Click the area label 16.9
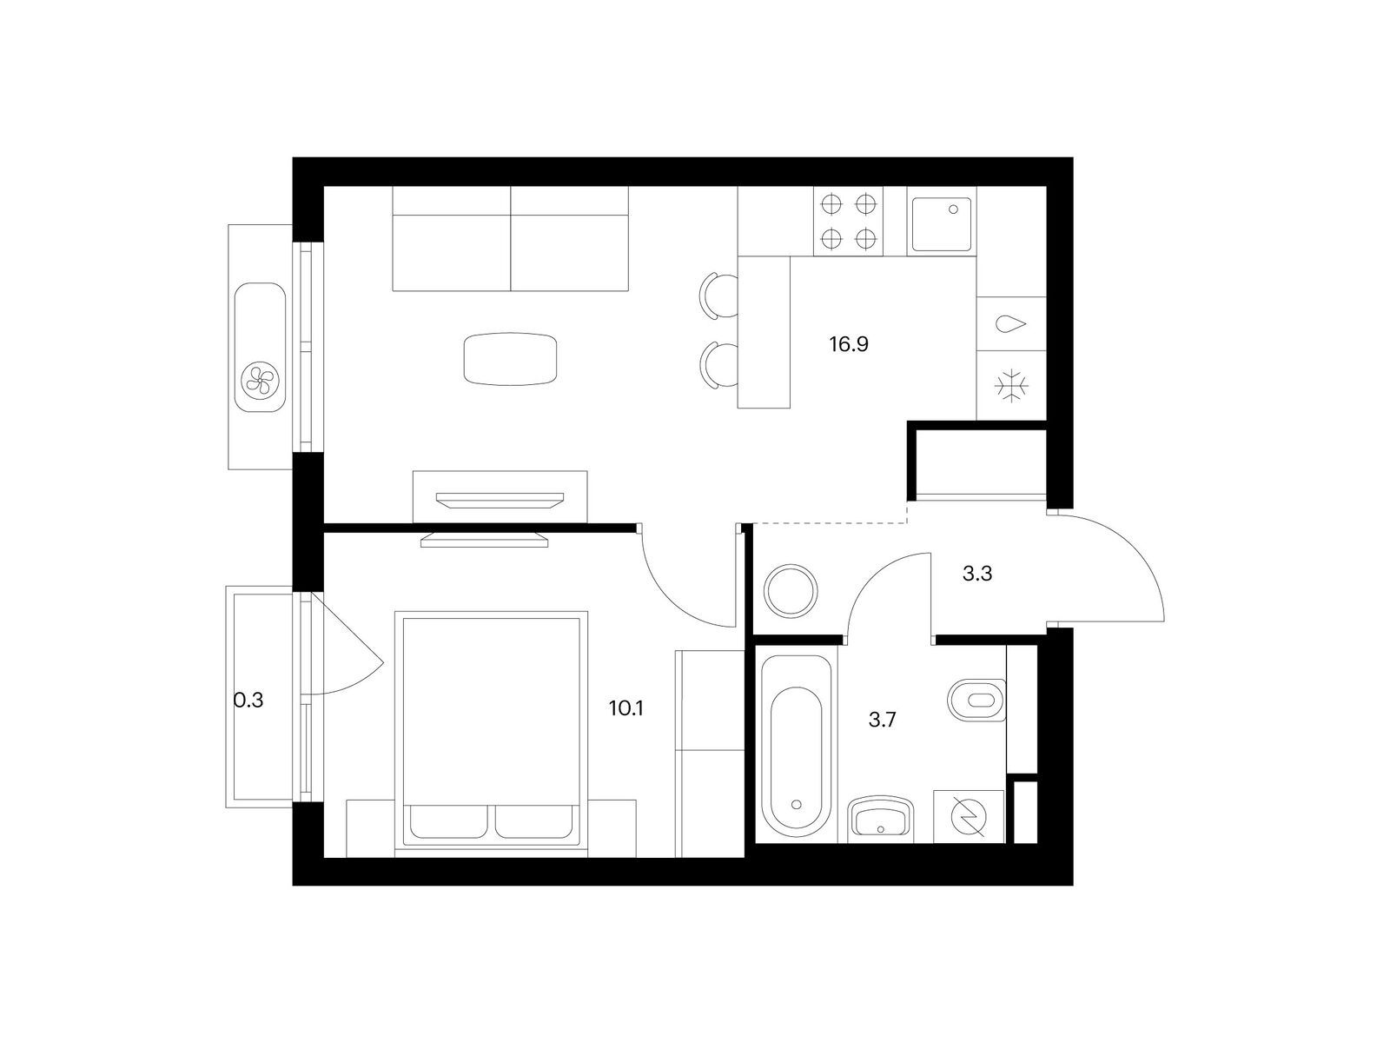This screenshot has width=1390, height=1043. (849, 344)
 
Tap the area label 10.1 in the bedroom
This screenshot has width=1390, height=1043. (625, 708)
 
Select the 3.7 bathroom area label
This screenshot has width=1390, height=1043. (882, 720)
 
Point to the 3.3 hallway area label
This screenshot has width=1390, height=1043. (977, 575)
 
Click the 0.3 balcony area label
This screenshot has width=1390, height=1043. (248, 701)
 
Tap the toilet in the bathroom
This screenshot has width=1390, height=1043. (976, 701)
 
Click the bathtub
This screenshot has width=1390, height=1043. (796, 746)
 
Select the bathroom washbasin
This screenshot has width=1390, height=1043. (882, 820)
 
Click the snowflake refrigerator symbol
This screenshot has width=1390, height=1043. (1011, 386)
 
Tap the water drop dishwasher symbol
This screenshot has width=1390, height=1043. (1010, 324)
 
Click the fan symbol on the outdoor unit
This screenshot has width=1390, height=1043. (260, 380)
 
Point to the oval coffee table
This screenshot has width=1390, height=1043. (511, 359)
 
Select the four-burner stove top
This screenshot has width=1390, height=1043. (848, 221)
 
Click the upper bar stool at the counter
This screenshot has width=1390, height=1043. (718, 296)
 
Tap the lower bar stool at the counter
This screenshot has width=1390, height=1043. (718, 365)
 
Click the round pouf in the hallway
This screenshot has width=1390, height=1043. (791, 591)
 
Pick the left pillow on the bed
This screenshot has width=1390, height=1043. (449, 821)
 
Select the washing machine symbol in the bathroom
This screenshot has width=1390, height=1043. (970, 818)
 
